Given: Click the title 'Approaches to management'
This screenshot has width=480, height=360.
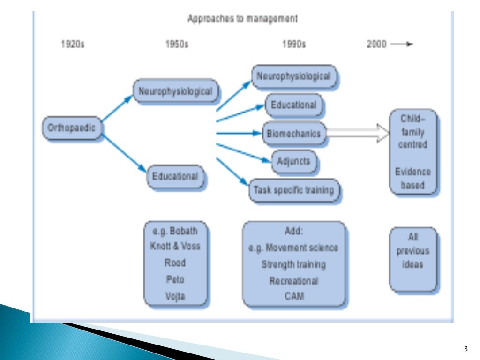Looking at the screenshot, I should coord(242,19).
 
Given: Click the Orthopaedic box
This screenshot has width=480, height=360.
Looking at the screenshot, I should coord(72,128).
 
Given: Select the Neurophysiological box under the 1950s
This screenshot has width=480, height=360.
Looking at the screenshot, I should coord(176,91).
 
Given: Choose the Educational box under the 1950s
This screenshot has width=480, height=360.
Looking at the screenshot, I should coord(175,177).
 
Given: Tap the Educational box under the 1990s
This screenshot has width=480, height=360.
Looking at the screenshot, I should coord(294,105).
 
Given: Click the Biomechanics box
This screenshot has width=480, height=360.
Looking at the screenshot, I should coord(294,134).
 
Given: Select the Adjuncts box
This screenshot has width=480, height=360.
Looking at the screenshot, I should coord(294,161).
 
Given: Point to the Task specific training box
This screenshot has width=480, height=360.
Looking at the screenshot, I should coord(294,190).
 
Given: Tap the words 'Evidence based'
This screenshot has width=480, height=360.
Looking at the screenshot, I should coord(412,178).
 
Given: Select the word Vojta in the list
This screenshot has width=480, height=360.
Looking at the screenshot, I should coord(175,296).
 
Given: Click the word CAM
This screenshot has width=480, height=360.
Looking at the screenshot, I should coord(294,296).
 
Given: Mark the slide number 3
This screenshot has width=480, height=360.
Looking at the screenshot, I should coord(465,348).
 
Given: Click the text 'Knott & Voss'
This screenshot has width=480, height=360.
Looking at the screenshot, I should coord(175,247).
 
